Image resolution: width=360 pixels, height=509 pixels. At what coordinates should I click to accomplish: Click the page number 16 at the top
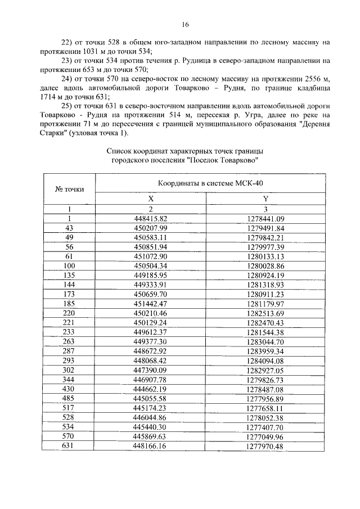coord(185,24)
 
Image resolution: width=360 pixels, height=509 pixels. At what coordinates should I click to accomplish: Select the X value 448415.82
coord(151,218)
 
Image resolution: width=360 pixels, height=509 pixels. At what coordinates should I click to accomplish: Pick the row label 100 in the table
coord(69,265)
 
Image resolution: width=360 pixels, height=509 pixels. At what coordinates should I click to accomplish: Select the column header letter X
coord(151,199)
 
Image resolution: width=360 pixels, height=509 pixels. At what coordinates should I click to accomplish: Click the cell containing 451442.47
coord(151,302)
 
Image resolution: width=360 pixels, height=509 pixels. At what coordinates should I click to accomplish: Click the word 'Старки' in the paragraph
coord(53,133)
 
